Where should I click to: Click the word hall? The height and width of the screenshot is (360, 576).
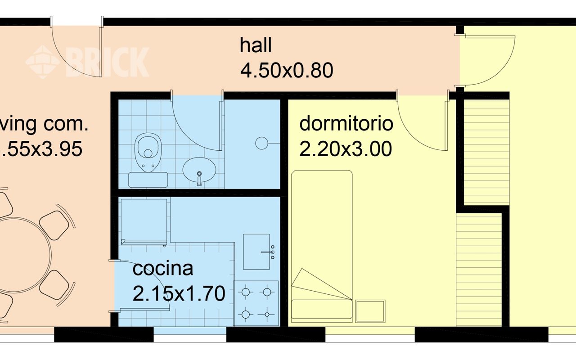(x=256, y=46)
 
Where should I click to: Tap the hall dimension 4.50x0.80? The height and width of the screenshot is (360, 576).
(x=287, y=71)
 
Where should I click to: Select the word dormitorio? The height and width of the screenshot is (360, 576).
(x=346, y=123)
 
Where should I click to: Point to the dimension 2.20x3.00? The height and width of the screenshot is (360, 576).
(x=346, y=149)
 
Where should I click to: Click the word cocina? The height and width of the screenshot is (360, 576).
(x=163, y=269)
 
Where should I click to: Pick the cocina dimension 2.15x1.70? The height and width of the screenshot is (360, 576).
(x=179, y=294)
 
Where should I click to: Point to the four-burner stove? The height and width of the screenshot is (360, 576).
(x=256, y=302)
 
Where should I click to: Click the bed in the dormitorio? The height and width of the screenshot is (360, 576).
(x=321, y=245)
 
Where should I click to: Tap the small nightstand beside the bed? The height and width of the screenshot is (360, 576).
(x=370, y=311)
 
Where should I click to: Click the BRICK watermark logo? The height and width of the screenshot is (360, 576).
(x=88, y=62)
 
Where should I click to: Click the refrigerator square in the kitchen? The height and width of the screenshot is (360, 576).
(x=144, y=221)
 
